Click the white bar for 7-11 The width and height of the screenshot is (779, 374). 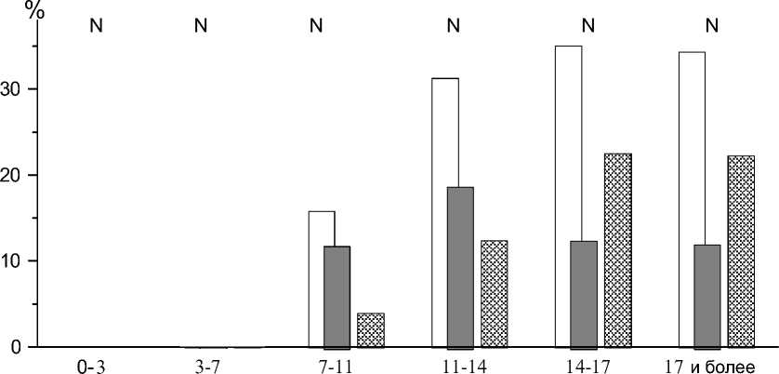pos(315,279)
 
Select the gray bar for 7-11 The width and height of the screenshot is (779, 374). pos(337,296)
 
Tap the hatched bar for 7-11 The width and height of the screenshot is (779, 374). pos(370,330)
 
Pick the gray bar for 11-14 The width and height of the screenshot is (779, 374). pos(460,266)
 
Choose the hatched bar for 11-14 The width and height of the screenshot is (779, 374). pos(494,293)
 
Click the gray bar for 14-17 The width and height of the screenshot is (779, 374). pos(584,293)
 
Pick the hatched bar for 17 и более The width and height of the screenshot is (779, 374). pos(741,250)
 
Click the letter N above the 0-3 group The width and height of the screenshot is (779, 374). pos(95,25)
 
